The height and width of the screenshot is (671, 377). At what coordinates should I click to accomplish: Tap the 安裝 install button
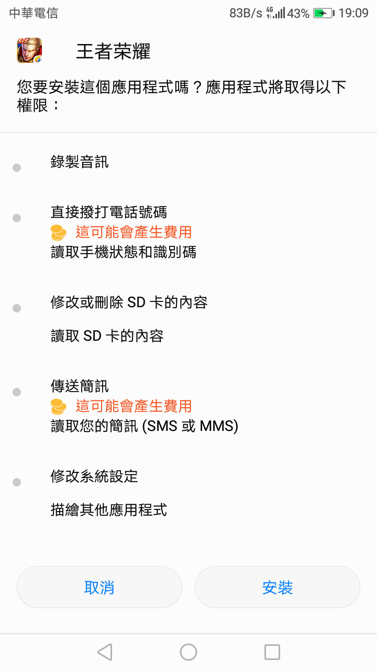(x=277, y=587)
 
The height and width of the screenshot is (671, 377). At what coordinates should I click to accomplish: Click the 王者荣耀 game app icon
(x=29, y=51)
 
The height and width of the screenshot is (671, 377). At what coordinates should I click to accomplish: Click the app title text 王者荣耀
(x=113, y=51)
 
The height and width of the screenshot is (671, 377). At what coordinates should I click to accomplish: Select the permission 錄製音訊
(x=80, y=162)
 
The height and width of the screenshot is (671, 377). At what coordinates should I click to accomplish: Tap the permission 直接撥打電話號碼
(x=108, y=212)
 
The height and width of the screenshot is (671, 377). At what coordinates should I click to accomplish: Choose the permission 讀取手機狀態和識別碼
(x=123, y=252)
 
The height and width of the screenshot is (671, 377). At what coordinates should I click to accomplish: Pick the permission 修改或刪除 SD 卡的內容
(x=129, y=302)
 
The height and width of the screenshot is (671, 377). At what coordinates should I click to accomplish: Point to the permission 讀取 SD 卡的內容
(x=107, y=336)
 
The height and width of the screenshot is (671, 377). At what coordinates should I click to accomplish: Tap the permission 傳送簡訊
(x=80, y=386)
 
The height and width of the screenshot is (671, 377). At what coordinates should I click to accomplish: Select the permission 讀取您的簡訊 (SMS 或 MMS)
(x=144, y=426)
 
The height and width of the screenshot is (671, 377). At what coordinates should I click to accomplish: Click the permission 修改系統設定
(x=94, y=477)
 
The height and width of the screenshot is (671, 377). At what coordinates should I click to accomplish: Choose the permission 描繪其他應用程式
(x=108, y=510)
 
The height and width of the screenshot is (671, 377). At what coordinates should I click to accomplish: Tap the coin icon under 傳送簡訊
(x=59, y=406)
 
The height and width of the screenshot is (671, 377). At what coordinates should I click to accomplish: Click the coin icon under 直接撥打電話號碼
(x=59, y=232)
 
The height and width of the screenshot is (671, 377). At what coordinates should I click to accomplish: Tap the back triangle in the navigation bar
(x=105, y=652)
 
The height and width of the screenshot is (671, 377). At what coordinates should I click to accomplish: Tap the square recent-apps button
(x=272, y=652)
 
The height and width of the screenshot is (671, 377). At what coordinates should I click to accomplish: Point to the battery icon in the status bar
(x=323, y=13)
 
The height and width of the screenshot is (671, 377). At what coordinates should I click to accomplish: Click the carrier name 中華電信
(x=34, y=13)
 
